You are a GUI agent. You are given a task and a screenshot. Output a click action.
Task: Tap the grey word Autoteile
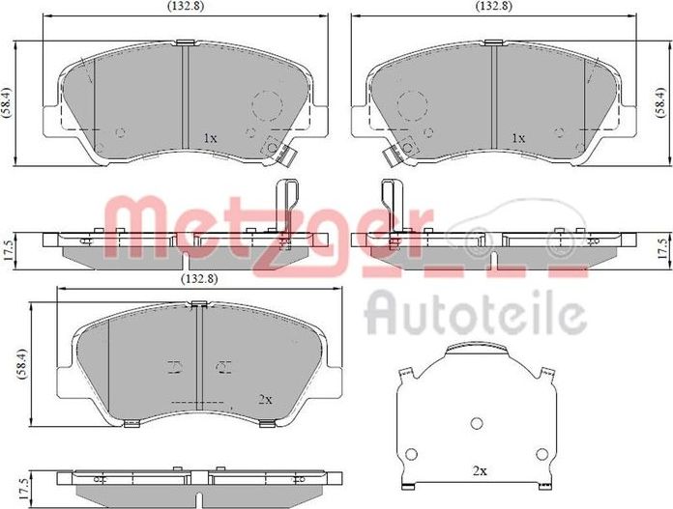pos(476,313)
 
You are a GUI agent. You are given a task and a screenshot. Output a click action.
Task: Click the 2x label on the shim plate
pos(480,471)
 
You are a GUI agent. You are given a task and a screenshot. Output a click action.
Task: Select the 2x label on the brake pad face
pos(265,399)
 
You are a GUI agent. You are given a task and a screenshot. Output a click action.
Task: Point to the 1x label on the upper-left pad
pos(211,138)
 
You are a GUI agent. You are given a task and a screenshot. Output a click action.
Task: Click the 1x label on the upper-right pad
pos(518,138)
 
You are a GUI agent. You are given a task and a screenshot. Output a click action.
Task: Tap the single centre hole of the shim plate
pos(477,423)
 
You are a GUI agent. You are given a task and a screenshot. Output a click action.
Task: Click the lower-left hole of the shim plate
pos(411,454)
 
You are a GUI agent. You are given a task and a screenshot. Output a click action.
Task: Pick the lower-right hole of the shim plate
pos(542,454)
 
